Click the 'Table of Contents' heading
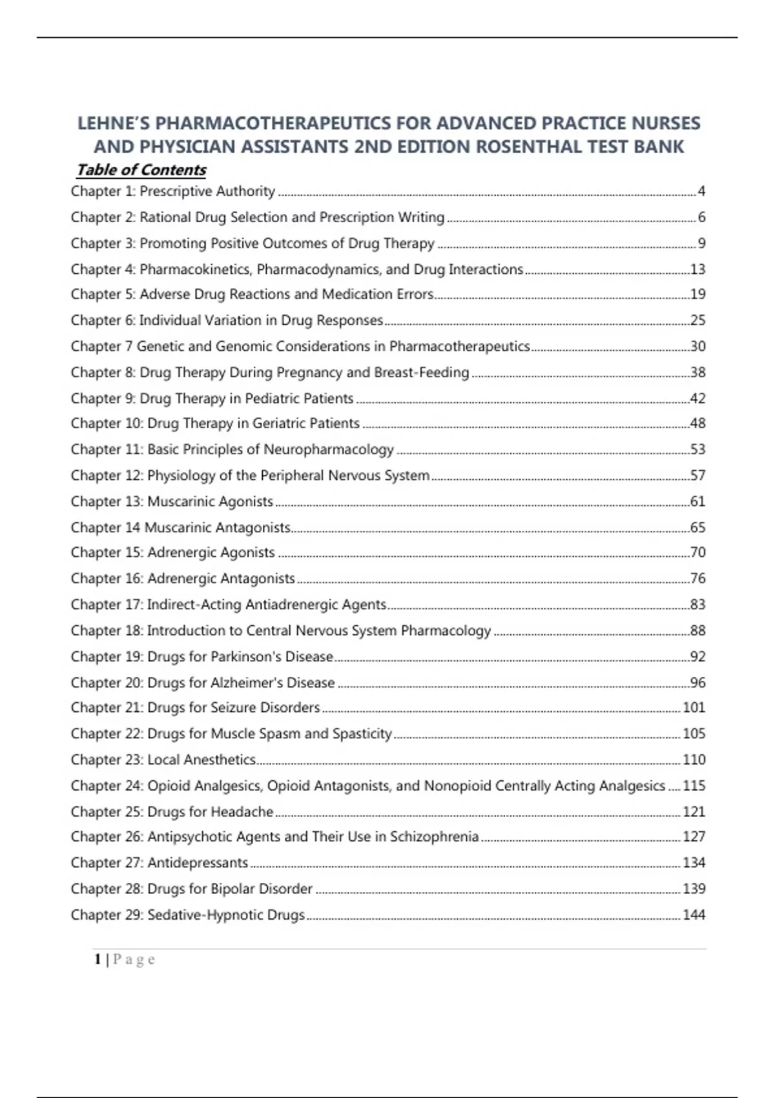[141, 170]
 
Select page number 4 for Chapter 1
[701, 191]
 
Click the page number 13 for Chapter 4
[697, 269]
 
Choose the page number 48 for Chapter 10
[697, 424]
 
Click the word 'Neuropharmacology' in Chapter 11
[329, 450]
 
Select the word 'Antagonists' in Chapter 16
[258, 579]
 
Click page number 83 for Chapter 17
[697, 605]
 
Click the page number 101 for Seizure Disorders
[694, 708]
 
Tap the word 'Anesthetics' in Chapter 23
[220, 760]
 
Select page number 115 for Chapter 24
[694, 786]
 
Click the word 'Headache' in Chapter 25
[242, 812]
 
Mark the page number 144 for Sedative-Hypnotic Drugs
[694, 915]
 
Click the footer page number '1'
[98, 960]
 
